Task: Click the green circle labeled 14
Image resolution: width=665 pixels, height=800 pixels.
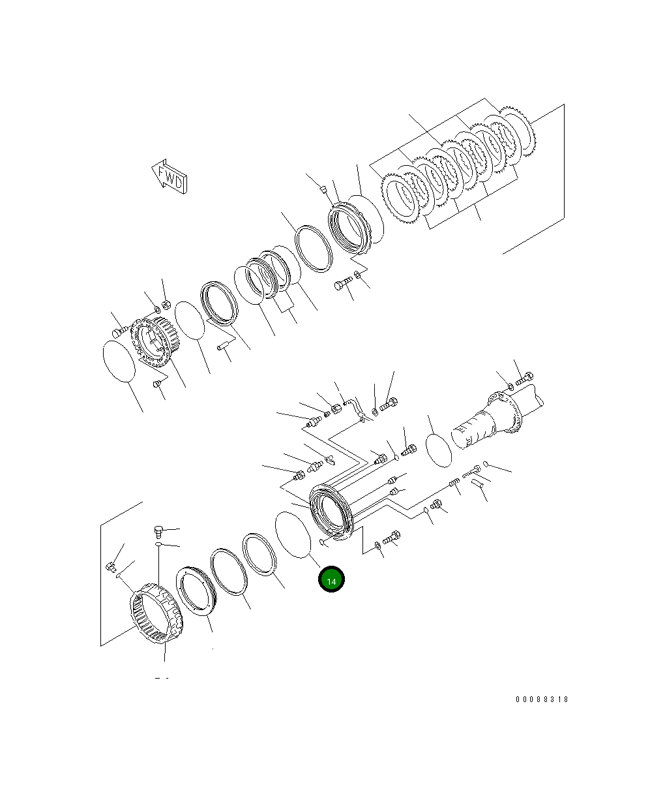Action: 331,579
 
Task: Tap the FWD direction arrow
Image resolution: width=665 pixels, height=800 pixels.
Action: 170,177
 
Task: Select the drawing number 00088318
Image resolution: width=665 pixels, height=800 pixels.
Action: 542,699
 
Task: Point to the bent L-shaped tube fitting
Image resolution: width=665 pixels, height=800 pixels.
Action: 355,408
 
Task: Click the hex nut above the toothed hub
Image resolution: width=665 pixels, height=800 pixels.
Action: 166,304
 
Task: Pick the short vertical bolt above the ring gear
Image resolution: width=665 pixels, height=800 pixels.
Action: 158,531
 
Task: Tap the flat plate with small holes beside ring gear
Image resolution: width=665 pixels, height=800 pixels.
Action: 196,591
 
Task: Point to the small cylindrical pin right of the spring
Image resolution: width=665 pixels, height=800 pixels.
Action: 479,484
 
